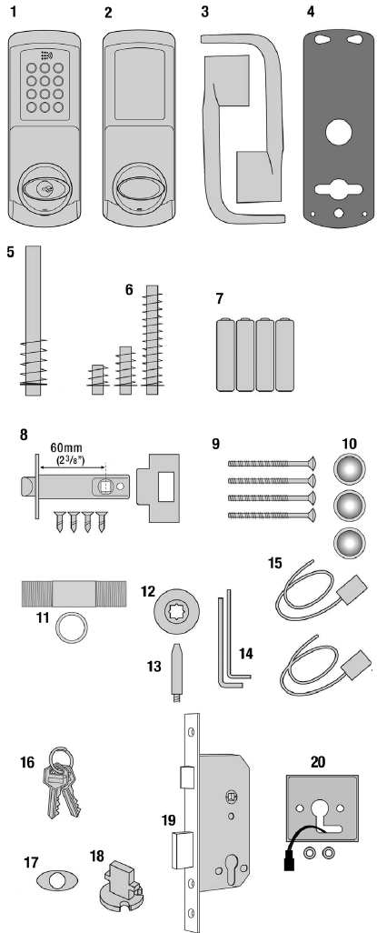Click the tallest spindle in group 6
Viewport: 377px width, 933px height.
(x=151, y=343)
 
